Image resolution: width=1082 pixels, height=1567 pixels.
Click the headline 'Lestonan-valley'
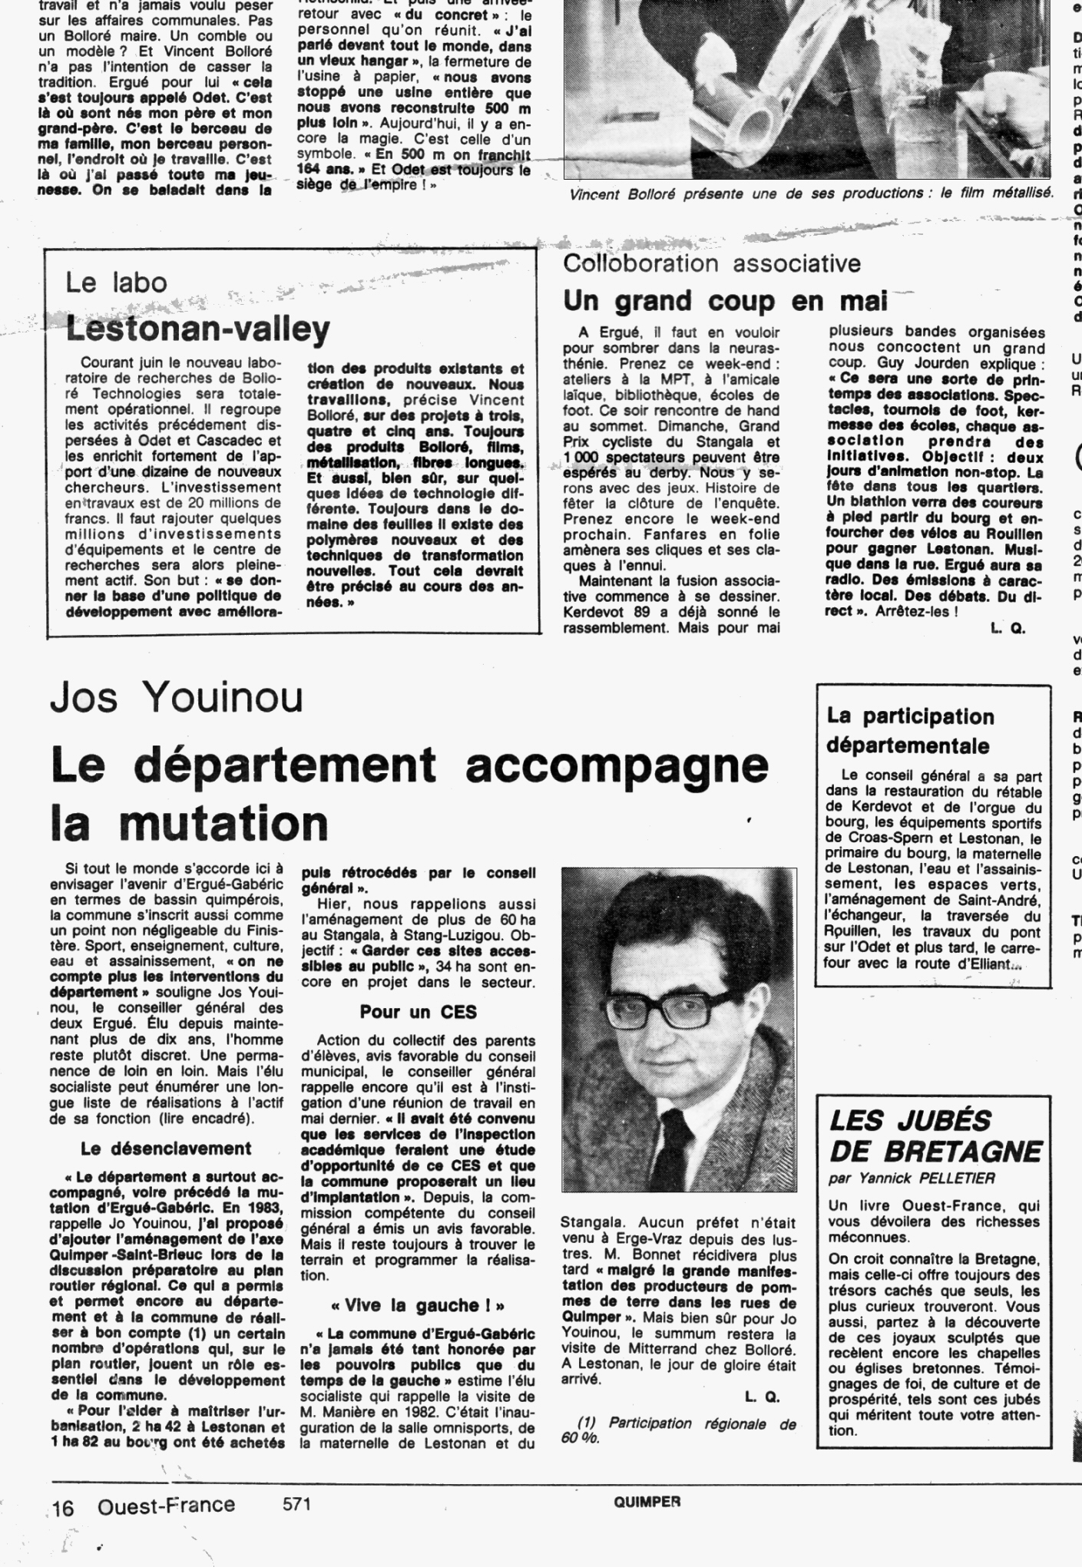198,329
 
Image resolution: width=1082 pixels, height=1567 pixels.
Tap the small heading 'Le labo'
116,283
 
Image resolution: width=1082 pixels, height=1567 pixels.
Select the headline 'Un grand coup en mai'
725,301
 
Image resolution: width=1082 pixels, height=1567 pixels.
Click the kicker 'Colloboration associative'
712,263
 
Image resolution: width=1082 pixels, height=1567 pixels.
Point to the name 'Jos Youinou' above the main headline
177,696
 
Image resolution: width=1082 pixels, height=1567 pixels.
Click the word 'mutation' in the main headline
223,822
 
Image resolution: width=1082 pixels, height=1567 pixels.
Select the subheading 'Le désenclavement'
166,1149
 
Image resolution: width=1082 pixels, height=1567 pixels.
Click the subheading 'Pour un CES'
418,1012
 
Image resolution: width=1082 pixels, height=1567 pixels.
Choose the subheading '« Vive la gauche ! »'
418,1305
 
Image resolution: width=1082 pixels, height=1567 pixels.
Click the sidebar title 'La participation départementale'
910,730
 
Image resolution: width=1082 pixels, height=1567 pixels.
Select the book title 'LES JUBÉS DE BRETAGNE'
935,1136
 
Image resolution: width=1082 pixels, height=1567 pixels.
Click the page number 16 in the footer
62,1509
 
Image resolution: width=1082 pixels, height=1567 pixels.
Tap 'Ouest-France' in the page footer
166,1506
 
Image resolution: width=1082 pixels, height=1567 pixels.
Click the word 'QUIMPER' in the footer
647,1503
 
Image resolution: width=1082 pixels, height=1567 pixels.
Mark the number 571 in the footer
296,1504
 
